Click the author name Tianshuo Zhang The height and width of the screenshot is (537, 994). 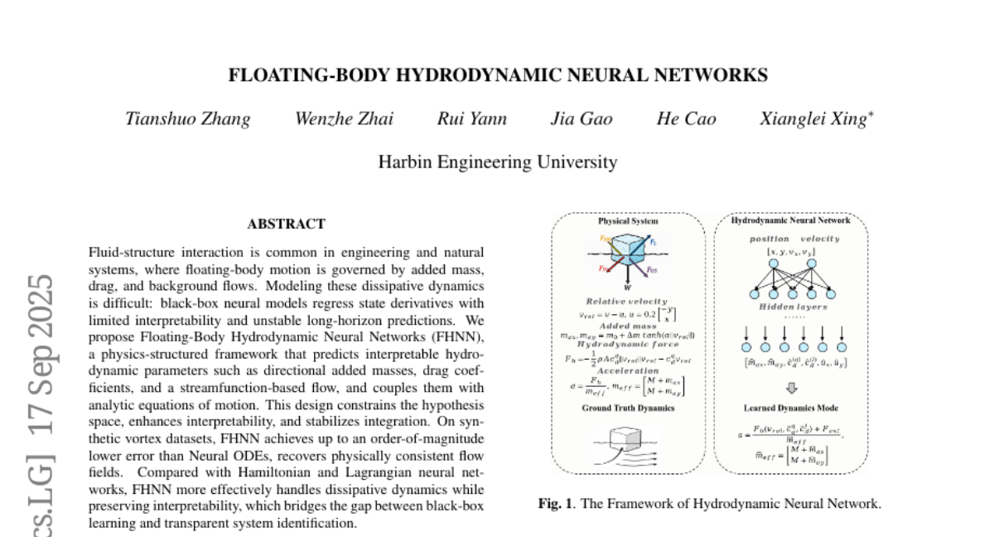click(187, 119)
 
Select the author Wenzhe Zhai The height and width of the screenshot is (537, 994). click(344, 119)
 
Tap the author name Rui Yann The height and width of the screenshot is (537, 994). click(472, 119)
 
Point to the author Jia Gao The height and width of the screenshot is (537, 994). click(581, 119)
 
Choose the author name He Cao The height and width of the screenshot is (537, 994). click(686, 119)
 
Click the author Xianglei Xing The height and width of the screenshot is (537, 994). click(814, 119)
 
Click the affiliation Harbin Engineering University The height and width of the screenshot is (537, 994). click(497, 162)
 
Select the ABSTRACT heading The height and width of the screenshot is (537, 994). click(286, 224)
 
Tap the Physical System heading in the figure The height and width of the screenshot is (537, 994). click(628, 221)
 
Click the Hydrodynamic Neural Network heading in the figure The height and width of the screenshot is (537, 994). click(790, 221)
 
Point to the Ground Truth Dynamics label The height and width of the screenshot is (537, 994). click(628, 408)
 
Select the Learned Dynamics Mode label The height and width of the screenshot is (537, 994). click(790, 408)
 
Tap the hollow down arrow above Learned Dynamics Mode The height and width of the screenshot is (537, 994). click(791, 387)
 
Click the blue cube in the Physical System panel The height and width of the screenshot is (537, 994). click(627, 253)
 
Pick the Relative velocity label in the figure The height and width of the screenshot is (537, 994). click(627, 302)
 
